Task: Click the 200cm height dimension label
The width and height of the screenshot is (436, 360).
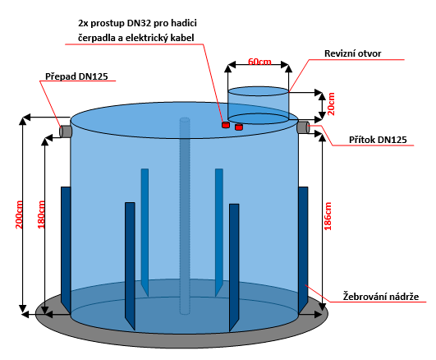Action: click(x=19, y=215)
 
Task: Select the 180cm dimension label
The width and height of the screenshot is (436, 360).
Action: click(x=41, y=215)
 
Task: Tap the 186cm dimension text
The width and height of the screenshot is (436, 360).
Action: click(x=328, y=216)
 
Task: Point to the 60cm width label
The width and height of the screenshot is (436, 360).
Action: click(x=259, y=62)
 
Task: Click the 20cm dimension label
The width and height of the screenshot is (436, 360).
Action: click(x=331, y=104)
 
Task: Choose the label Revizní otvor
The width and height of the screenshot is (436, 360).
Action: click(x=352, y=53)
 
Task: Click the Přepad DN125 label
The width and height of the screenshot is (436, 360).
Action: click(x=76, y=76)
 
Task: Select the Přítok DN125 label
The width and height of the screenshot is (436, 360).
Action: click(x=378, y=140)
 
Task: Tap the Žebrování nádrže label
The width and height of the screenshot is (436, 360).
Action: click(x=381, y=296)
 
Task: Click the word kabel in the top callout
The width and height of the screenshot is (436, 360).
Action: click(x=181, y=38)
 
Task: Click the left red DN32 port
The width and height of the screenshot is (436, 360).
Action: click(x=226, y=125)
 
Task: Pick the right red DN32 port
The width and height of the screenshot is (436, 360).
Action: click(x=239, y=127)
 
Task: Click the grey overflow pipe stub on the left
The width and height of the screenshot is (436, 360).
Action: click(x=66, y=132)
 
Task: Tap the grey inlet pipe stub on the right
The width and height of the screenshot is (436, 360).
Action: click(x=303, y=127)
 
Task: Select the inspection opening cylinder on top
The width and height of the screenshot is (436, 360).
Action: click(x=258, y=105)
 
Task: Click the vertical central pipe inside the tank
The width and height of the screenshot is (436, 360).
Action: click(x=185, y=216)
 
